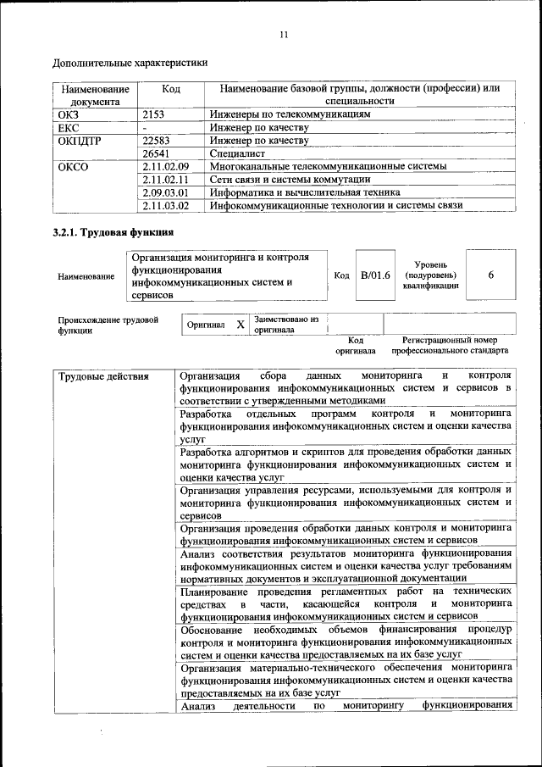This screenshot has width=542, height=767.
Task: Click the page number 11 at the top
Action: click(284, 34)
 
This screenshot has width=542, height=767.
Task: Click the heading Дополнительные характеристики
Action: click(130, 63)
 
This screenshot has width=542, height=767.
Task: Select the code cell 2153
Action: click(153, 114)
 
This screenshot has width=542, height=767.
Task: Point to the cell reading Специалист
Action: click(238, 154)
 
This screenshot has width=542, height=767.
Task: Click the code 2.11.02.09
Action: click(165, 167)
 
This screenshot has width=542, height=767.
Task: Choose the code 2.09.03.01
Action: click(165, 192)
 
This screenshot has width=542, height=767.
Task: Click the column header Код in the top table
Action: click(171, 89)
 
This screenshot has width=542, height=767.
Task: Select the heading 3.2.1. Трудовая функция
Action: click(113, 231)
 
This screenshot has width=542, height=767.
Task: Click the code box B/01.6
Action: click(375, 275)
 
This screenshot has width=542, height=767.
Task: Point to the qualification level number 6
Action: click(491, 275)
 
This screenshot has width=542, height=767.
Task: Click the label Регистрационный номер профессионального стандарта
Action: click(450, 344)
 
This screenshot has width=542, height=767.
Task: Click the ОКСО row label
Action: click(72, 167)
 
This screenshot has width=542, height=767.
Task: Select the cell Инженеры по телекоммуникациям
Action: click(290, 114)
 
